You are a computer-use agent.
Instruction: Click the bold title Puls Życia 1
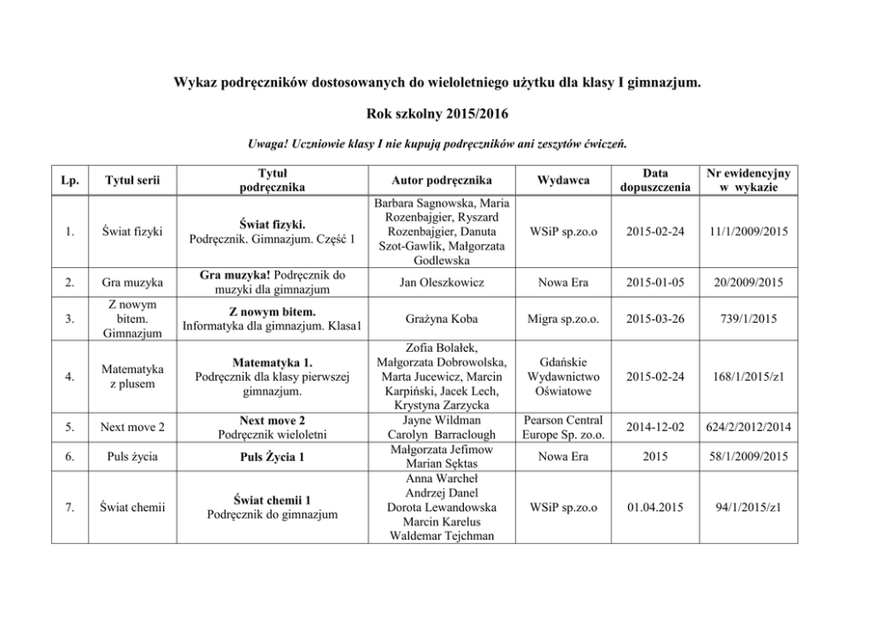272,457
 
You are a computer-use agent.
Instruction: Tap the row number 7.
70,507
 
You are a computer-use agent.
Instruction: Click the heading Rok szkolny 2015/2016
437,114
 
